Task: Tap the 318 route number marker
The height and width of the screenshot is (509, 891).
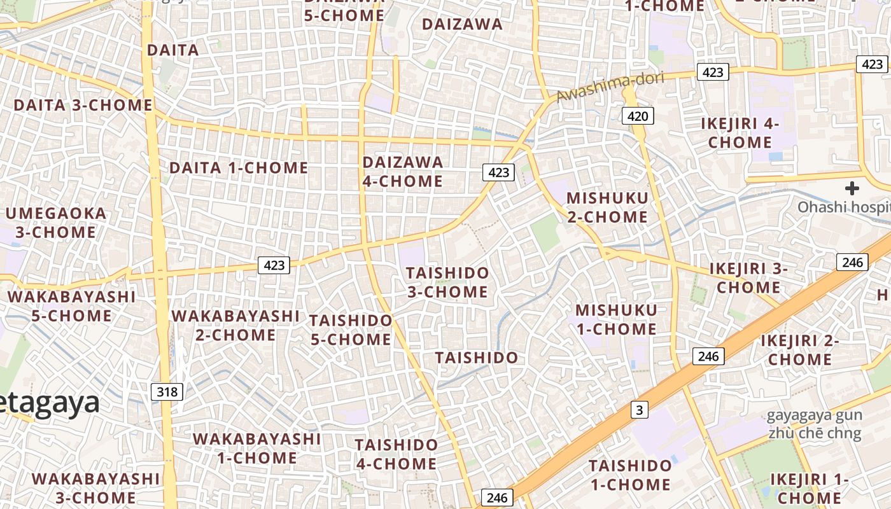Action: click(167, 391)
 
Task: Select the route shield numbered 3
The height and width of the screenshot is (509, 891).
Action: click(640, 410)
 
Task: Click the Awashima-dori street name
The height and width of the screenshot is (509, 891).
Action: click(610, 87)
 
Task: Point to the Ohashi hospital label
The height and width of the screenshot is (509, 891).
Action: click(844, 207)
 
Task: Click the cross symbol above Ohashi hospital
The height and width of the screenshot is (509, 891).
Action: click(852, 188)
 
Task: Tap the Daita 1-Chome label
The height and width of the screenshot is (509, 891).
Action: click(239, 168)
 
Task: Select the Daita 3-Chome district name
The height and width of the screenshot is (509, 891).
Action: click(83, 105)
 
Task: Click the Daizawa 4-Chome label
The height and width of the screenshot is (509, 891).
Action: click(403, 172)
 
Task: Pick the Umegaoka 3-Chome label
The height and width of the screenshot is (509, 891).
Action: click(55, 223)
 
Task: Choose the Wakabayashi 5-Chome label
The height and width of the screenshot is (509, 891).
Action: click(71, 306)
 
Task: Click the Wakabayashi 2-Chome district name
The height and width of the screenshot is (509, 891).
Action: click(235, 325)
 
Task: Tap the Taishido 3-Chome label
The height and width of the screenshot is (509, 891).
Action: click(448, 282)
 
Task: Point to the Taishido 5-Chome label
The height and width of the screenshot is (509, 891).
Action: click(351, 330)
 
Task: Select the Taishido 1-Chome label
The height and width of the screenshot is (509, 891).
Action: click(630, 475)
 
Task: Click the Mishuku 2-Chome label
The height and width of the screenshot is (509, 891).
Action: click(607, 207)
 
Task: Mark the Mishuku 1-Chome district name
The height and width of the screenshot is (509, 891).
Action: click(616, 319)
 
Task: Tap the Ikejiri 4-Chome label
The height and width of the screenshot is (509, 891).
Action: click(740, 133)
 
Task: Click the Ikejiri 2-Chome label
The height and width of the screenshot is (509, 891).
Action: click(800, 350)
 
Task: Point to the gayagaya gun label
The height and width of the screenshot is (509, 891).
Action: click(813, 416)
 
